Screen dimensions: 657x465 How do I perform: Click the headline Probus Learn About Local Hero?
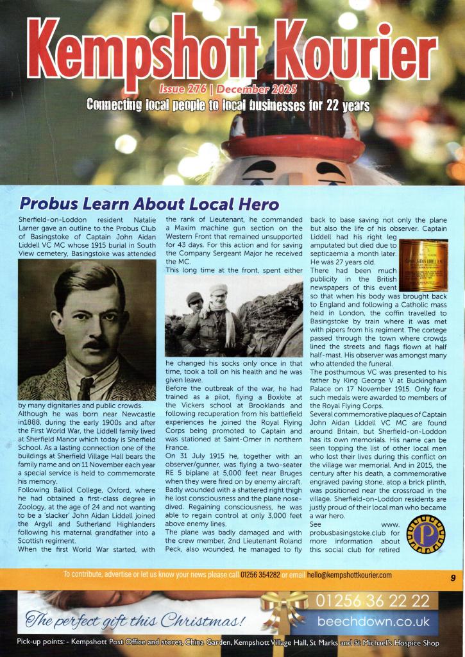tap(149, 205)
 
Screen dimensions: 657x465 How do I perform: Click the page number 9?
tap(453, 577)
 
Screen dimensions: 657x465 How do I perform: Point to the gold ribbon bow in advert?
tap(285, 608)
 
